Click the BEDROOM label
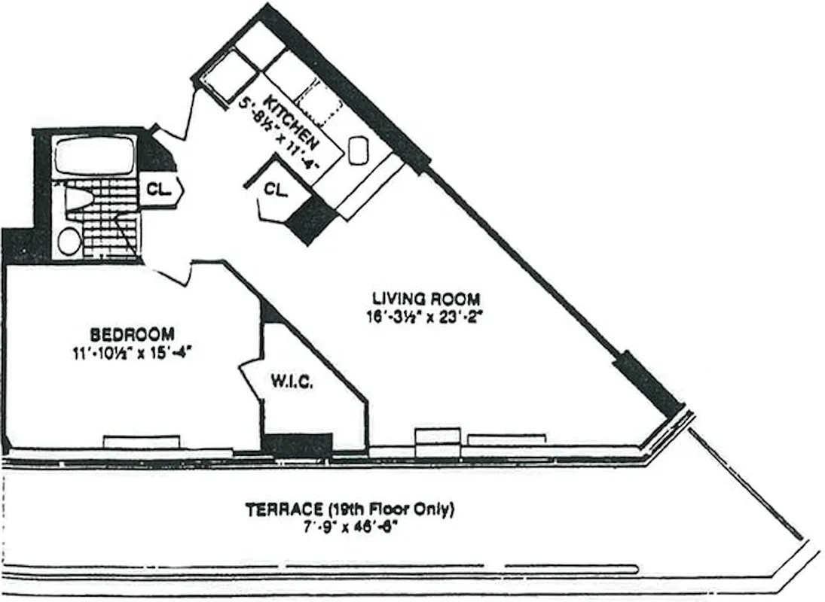point(133,333)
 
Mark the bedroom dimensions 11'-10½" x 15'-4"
point(133,351)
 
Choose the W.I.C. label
point(292,382)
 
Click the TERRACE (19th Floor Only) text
point(350,510)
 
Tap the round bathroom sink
point(69,241)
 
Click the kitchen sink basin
point(359,148)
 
